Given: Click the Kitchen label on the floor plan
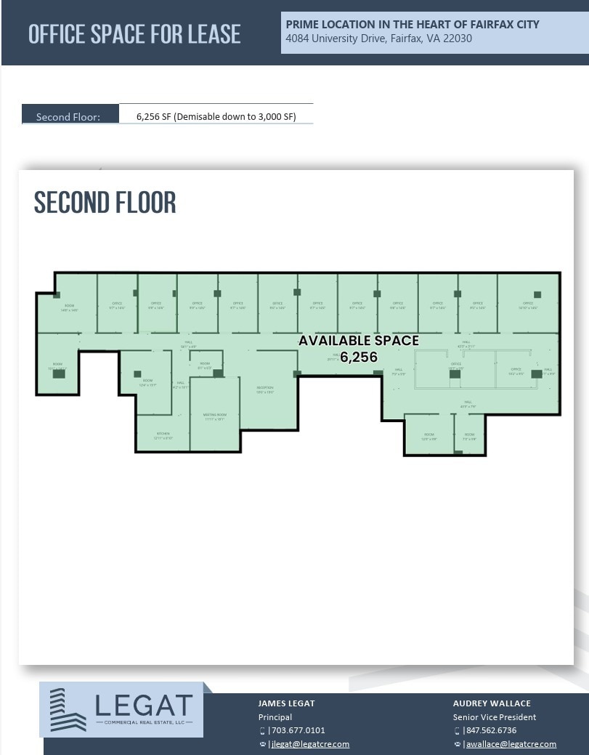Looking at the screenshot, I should (163, 435).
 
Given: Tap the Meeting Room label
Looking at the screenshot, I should (215, 416).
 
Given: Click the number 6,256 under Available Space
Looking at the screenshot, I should (359, 357).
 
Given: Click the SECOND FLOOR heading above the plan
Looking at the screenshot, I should (105, 203).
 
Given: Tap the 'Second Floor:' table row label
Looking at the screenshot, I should (68, 116).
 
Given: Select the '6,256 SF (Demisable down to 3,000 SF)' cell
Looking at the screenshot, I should (216, 116).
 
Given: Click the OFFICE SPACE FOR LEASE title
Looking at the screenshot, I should (134, 33).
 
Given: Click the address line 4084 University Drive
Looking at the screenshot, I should (378, 39).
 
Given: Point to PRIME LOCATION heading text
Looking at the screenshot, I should (412, 24).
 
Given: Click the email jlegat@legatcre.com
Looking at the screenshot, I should (310, 743).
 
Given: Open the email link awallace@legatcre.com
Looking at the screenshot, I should (511, 743).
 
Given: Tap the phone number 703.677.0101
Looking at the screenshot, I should (298, 730).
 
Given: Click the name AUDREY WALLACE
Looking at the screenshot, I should (492, 703).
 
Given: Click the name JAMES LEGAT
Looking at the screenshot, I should (286, 703).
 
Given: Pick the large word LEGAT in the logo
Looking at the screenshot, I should (144, 705).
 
